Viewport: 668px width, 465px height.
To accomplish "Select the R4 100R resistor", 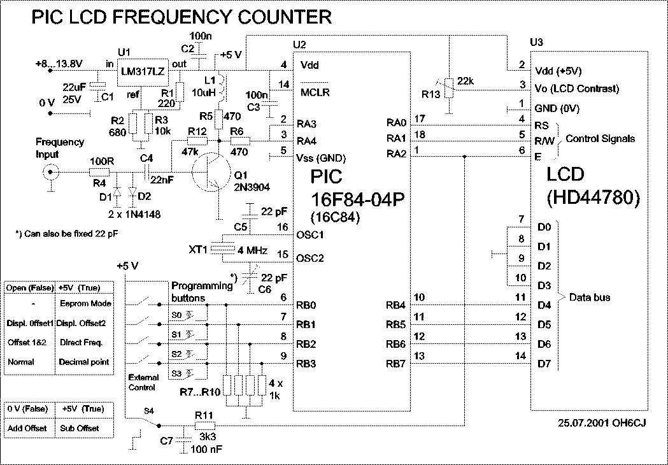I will click(x=99, y=171).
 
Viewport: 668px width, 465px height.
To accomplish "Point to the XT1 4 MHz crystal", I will click(x=222, y=249).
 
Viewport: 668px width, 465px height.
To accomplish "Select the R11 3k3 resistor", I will click(x=204, y=426).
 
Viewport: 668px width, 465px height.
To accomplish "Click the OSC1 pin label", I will click(x=310, y=234).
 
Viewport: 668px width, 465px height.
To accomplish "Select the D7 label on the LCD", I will click(x=544, y=364).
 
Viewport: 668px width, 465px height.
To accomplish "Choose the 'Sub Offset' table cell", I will click(x=80, y=428).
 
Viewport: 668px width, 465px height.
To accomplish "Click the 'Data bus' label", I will click(x=589, y=297).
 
